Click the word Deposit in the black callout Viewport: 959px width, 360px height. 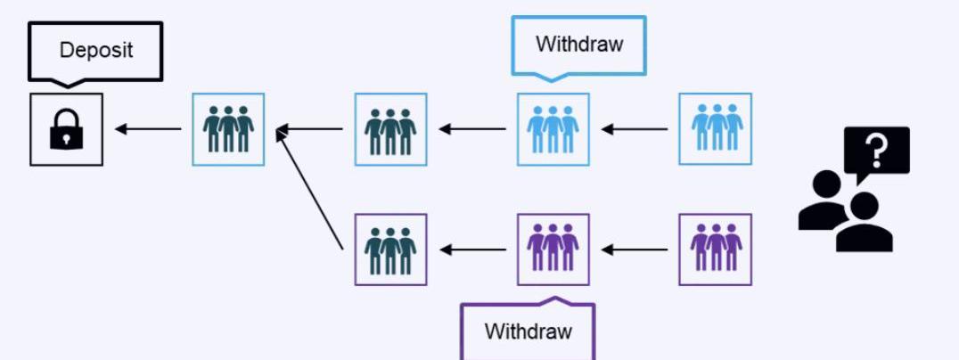[96, 50]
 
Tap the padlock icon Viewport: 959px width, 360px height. [66, 130]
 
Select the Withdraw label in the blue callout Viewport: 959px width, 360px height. [578, 44]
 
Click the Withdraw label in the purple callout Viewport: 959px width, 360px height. [528, 331]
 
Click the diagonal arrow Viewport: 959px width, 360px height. [309, 188]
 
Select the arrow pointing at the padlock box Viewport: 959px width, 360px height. [147, 129]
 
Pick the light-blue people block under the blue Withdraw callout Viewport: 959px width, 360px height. [553, 129]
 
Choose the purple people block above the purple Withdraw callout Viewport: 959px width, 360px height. [553, 250]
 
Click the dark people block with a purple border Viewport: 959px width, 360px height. [390, 250]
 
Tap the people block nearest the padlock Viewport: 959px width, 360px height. [228, 129]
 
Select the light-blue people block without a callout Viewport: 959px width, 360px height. [715, 129]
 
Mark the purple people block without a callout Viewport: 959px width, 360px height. [715, 250]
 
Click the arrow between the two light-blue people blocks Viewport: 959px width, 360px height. [634, 129]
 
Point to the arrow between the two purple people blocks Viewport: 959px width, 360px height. [634, 250]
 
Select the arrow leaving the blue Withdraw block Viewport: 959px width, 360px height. [472, 129]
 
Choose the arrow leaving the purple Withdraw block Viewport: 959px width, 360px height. [472, 250]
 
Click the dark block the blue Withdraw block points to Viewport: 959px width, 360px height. [390, 129]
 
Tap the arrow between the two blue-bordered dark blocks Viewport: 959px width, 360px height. [309, 129]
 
